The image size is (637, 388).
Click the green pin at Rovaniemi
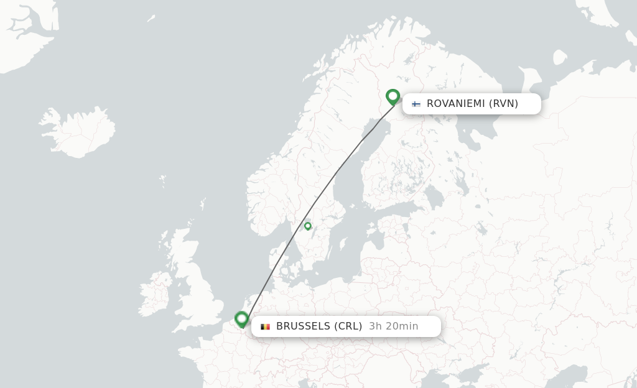[393, 97]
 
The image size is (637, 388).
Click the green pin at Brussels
[241, 319]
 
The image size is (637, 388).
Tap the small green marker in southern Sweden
[307, 226]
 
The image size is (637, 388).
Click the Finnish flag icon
[416, 104]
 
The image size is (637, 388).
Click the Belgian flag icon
[265, 326]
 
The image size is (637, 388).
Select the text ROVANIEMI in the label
[455, 104]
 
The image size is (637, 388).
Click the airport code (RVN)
[503, 104]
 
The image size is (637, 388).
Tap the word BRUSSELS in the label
[303, 326]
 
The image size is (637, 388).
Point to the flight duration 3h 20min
[393, 326]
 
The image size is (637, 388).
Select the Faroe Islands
[162, 182]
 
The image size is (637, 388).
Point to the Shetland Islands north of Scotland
[203, 203]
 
